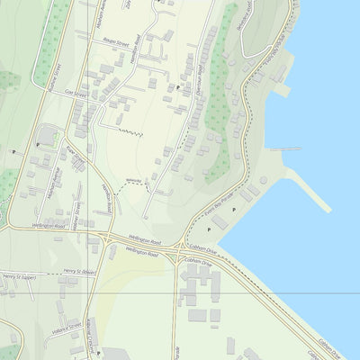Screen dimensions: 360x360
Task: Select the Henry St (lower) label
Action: (80, 269)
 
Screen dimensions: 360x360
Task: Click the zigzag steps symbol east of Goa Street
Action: (131, 133)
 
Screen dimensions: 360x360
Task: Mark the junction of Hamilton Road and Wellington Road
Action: (107, 237)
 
